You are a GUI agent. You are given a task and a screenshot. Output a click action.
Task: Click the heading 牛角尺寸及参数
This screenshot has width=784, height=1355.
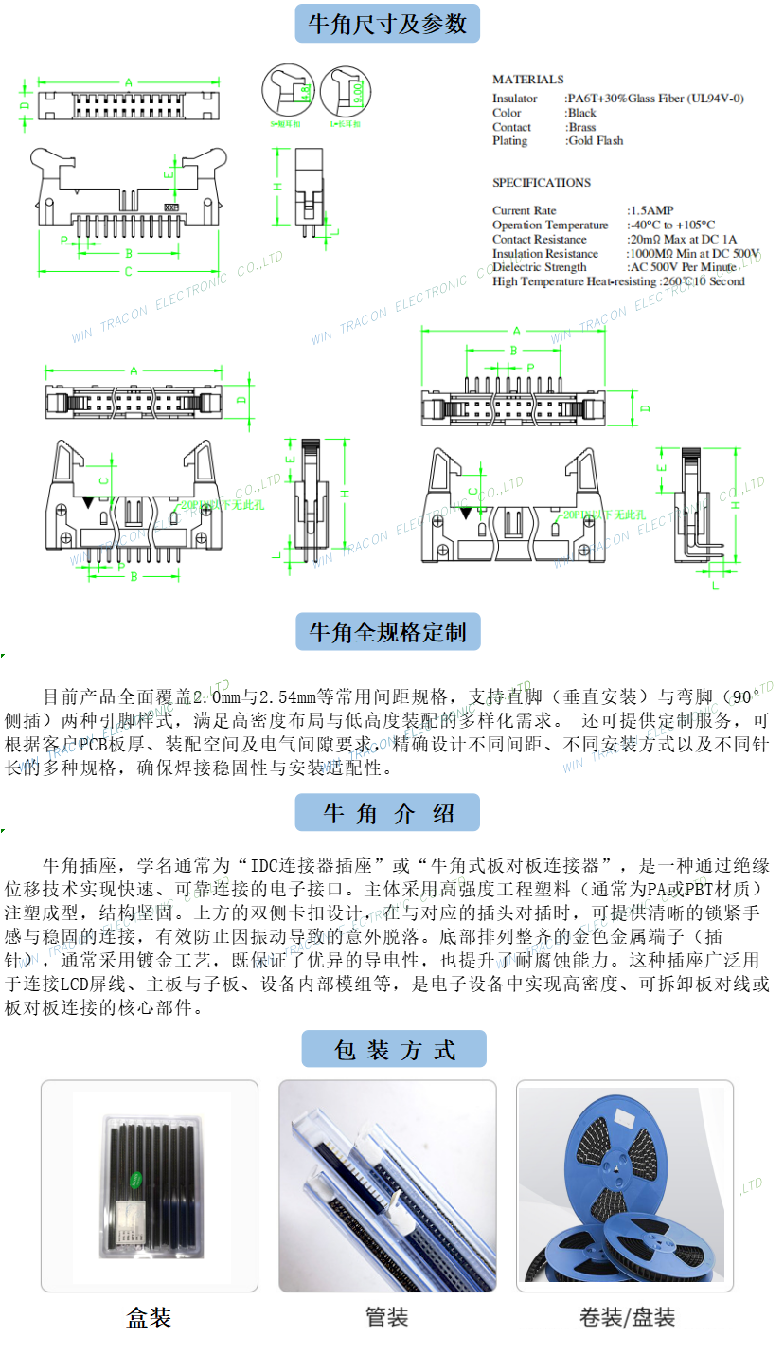387,24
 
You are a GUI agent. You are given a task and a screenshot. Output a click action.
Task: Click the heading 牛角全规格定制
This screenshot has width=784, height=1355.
387,632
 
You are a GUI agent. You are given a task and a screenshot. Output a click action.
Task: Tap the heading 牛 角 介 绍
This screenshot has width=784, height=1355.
387,813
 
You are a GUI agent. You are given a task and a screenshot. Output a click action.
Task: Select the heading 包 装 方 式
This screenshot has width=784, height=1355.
393,1050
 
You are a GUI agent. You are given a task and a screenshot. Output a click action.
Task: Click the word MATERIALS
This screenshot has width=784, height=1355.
527,80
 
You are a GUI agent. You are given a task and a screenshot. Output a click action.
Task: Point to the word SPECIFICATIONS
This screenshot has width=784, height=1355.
541,183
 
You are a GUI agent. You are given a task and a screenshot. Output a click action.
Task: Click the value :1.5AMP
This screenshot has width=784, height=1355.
652,210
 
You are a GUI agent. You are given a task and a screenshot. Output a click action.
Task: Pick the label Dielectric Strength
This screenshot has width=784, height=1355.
539,267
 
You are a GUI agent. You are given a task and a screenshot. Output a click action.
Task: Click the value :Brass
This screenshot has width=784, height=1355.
581,127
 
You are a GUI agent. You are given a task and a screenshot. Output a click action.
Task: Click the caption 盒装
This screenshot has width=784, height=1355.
149,1317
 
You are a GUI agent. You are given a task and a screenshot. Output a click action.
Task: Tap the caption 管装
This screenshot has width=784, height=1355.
386,1317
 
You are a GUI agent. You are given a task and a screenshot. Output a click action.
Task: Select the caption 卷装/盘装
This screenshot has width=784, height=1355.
627,1317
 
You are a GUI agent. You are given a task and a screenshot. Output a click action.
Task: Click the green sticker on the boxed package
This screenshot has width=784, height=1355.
136,1178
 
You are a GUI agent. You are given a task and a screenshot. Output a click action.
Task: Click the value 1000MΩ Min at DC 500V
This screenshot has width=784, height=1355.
694,253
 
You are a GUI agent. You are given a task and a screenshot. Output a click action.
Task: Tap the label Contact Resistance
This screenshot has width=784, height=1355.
539,239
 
